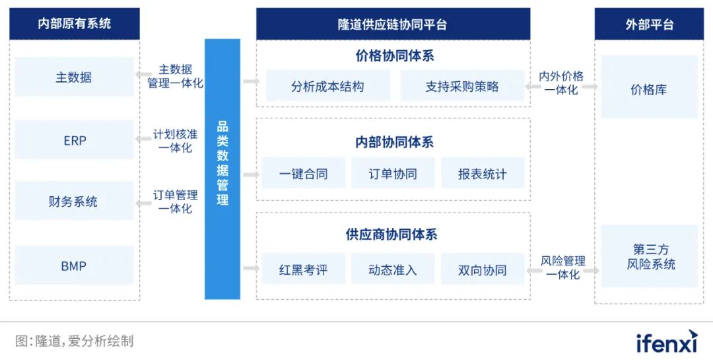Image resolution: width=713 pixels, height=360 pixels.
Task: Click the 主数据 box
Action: coord(74,77)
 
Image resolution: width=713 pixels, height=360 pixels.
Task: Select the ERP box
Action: coord(74,140)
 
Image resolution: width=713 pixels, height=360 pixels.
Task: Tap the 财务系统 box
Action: coord(74,201)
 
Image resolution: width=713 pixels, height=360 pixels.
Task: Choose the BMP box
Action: coord(74,266)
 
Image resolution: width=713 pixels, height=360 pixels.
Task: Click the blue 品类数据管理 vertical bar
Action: coord(222,169)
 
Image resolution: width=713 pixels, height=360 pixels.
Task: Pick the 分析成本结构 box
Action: coord(327,86)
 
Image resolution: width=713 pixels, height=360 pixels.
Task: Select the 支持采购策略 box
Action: coord(462,86)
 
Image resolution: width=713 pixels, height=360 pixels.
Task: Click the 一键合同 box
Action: coord(303,174)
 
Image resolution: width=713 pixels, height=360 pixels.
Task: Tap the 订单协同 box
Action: coord(393,174)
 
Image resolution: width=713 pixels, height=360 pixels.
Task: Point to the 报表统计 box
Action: coord(483,174)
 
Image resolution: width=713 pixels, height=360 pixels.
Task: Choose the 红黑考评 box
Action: coord(303,270)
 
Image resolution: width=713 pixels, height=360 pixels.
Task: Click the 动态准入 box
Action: coord(393,270)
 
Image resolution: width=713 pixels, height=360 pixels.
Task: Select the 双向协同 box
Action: coord(483,270)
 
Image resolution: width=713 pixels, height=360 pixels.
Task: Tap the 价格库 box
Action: coord(648,89)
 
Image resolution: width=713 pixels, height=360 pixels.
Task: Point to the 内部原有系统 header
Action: coord(75,24)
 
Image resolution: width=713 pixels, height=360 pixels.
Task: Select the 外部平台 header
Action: coord(650,24)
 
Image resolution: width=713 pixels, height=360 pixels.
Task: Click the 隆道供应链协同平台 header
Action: coord(393,24)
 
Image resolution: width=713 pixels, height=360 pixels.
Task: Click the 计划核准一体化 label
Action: coord(175,141)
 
